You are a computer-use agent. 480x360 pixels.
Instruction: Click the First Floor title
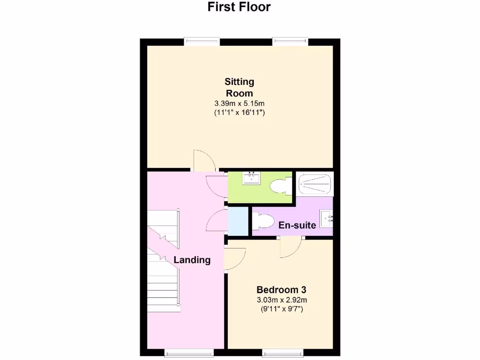pyautogui.click(x=240, y=7)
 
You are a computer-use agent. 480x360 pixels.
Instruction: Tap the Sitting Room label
pyautogui.click(x=240, y=87)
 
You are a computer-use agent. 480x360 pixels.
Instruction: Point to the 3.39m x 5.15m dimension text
pyautogui.click(x=239, y=103)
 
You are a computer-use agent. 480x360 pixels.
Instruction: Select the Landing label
pyautogui.click(x=192, y=260)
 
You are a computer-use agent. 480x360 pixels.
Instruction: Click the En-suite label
pyautogui.click(x=297, y=225)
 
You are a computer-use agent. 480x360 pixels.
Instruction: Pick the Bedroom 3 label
pyautogui.click(x=281, y=290)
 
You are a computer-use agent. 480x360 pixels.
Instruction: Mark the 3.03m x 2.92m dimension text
pyautogui.click(x=281, y=300)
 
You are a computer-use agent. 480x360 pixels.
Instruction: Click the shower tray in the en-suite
pyautogui.click(x=315, y=184)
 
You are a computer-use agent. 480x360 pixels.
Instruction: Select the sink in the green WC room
pyautogui.click(x=252, y=178)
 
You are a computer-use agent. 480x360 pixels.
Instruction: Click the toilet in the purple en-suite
pyautogui.click(x=263, y=221)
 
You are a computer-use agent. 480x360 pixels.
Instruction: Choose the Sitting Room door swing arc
pyautogui.click(x=204, y=160)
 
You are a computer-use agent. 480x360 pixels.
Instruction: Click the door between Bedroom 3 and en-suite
pyautogui.click(x=291, y=247)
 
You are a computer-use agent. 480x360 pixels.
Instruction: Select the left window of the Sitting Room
pyautogui.click(x=202, y=42)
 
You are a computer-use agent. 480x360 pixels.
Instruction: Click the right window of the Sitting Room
pyautogui.click(x=291, y=42)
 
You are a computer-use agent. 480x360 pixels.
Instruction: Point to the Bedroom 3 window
pyautogui.click(x=282, y=352)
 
